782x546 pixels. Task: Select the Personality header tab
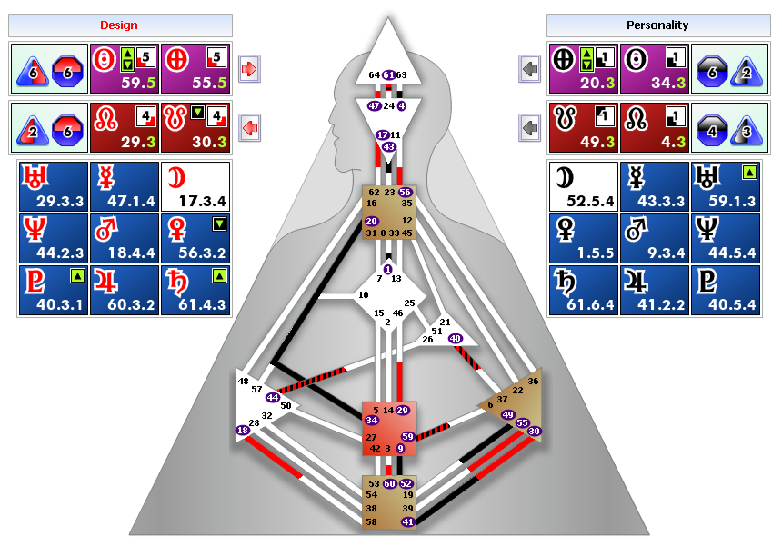(x=657, y=25)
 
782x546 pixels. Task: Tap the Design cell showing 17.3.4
(x=195, y=184)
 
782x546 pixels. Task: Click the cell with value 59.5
(x=125, y=68)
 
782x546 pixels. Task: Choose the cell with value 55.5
(x=195, y=68)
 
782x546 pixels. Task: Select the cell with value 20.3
(x=584, y=68)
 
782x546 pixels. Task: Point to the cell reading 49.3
(x=584, y=126)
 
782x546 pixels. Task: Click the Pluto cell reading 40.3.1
(x=53, y=290)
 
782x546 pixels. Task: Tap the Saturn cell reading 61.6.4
(x=583, y=290)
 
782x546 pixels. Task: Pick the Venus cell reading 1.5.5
(x=583, y=238)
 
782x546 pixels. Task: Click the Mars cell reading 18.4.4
(x=125, y=238)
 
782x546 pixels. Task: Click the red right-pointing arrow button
(x=249, y=68)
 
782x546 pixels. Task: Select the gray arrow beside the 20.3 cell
(x=530, y=68)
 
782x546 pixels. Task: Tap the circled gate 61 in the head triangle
(x=388, y=74)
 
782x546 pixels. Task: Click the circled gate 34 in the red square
(x=371, y=421)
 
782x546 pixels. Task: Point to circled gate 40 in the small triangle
(x=455, y=338)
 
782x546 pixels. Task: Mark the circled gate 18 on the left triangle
(x=243, y=431)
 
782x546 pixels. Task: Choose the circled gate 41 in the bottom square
(x=407, y=521)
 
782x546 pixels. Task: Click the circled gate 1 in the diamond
(x=388, y=270)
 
